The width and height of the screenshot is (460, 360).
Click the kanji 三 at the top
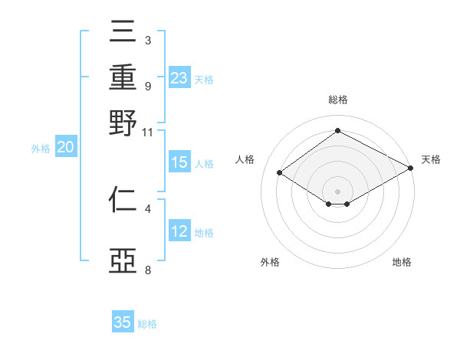123,31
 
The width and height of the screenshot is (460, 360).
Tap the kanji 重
123,77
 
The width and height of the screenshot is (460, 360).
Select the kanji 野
123,123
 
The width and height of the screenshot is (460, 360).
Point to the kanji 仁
123,201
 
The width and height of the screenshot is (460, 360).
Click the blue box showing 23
179,78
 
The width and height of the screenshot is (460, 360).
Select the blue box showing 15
179,162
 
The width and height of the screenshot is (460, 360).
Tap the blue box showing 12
179,231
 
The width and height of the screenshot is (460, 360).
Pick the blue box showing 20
65,148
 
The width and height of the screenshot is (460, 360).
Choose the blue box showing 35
123,322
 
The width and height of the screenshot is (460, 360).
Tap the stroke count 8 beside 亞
147,270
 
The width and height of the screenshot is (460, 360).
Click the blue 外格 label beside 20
41,149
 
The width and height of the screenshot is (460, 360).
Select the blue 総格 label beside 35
147,323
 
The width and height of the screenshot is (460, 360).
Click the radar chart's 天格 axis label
431,159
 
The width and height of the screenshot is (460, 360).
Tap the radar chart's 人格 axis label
245,159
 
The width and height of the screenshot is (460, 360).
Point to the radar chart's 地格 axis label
402,262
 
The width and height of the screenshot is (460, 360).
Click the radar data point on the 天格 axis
411,169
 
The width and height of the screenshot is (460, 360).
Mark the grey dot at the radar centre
337,191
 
